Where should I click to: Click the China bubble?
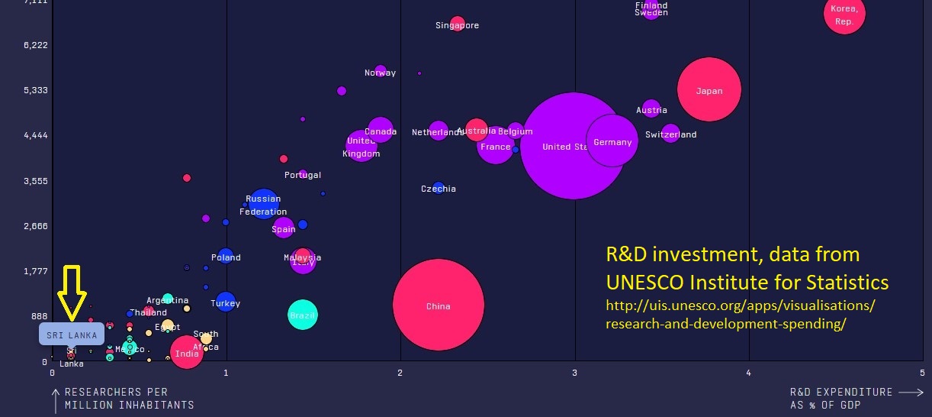tap(439, 305)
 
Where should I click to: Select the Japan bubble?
tap(709, 89)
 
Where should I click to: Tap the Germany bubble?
tap(612, 141)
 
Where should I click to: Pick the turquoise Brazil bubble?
tap(303, 315)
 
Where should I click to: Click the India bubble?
tap(186, 353)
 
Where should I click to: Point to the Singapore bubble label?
tap(457, 25)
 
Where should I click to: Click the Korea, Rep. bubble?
tap(844, 15)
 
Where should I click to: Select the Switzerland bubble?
tap(670, 134)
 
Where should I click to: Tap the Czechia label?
tap(439, 189)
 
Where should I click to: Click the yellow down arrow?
tap(72, 293)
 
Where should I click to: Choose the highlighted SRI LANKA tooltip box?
tap(72, 335)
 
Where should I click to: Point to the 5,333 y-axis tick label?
tap(35, 90)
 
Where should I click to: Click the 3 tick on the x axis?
tap(574, 373)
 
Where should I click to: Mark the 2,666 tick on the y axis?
tap(35, 226)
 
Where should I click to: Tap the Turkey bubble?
tap(225, 302)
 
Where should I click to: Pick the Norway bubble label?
tap(380, 73)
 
